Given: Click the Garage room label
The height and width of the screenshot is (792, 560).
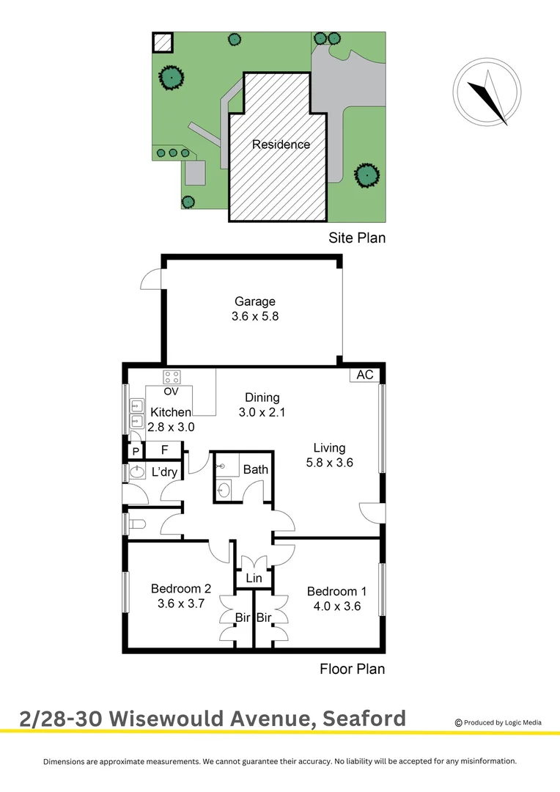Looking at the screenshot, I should point(254,301).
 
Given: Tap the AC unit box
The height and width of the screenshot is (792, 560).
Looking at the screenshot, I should point(364,375).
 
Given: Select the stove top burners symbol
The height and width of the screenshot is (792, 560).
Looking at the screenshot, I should point(172,377).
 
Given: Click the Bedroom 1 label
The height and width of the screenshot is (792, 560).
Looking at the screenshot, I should point(336,592).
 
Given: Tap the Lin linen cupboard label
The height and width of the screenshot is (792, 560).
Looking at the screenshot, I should point(254,579).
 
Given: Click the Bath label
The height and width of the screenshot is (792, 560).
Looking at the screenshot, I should point(255,469).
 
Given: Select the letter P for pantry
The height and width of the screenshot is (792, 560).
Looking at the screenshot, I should point(136,451).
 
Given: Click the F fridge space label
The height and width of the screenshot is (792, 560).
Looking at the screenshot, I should point(165,450).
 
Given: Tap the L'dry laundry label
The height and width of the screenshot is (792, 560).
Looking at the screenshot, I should point(164,472).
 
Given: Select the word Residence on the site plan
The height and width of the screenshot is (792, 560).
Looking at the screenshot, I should point(281,144).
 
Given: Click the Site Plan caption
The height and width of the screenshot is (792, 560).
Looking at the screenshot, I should point(355,238).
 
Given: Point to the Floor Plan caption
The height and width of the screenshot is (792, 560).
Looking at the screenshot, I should point(352,669).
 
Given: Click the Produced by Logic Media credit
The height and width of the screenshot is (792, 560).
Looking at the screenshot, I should point(498,722).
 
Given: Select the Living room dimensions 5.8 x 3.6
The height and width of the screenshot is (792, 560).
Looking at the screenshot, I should point(329,463).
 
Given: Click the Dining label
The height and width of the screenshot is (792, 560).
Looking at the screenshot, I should point(262,397).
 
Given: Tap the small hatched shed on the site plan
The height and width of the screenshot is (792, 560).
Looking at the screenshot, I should point(162,42).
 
